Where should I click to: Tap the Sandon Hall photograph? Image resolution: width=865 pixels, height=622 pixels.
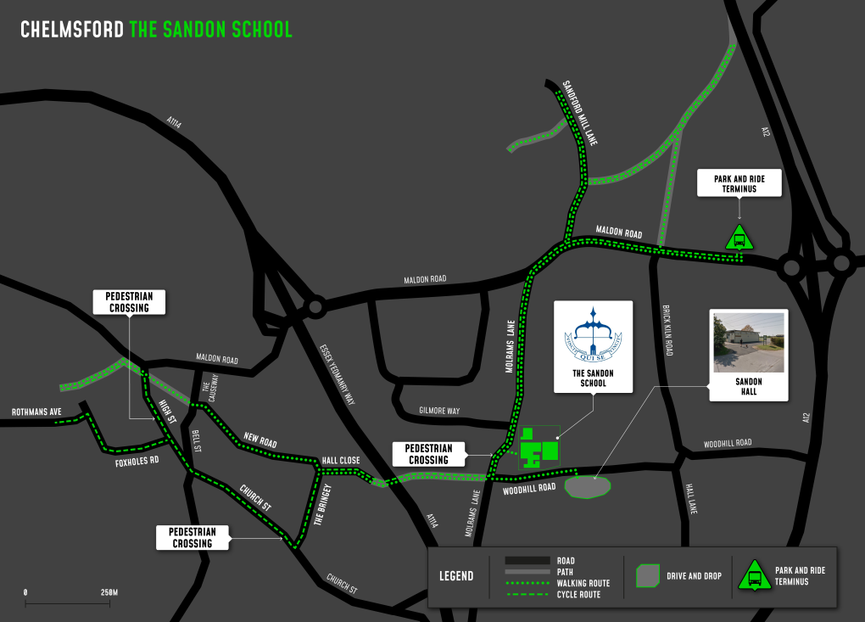748,341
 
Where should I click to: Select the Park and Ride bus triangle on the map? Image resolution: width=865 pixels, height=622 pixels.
739,238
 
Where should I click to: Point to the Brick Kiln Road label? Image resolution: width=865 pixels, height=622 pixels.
667,330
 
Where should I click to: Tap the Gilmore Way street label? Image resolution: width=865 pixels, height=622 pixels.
439,411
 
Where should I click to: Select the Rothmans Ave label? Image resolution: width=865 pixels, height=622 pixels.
36,412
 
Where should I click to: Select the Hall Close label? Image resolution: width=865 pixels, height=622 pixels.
340,461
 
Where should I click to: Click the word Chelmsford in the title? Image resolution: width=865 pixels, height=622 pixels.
72,30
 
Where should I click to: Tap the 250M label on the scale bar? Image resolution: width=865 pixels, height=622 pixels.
109,591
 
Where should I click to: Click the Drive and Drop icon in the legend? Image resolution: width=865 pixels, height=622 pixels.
648,576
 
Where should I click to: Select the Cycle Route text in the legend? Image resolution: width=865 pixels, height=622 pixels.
578,594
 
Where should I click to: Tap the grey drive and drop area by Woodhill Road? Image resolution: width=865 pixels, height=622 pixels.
587,487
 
